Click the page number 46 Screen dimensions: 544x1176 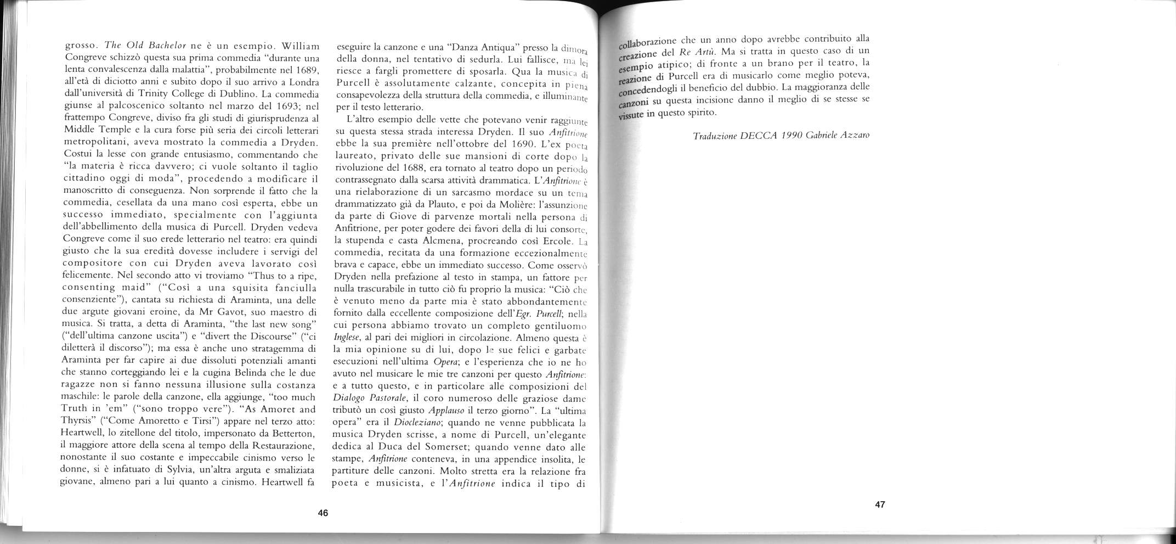click(x=323, y=513)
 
